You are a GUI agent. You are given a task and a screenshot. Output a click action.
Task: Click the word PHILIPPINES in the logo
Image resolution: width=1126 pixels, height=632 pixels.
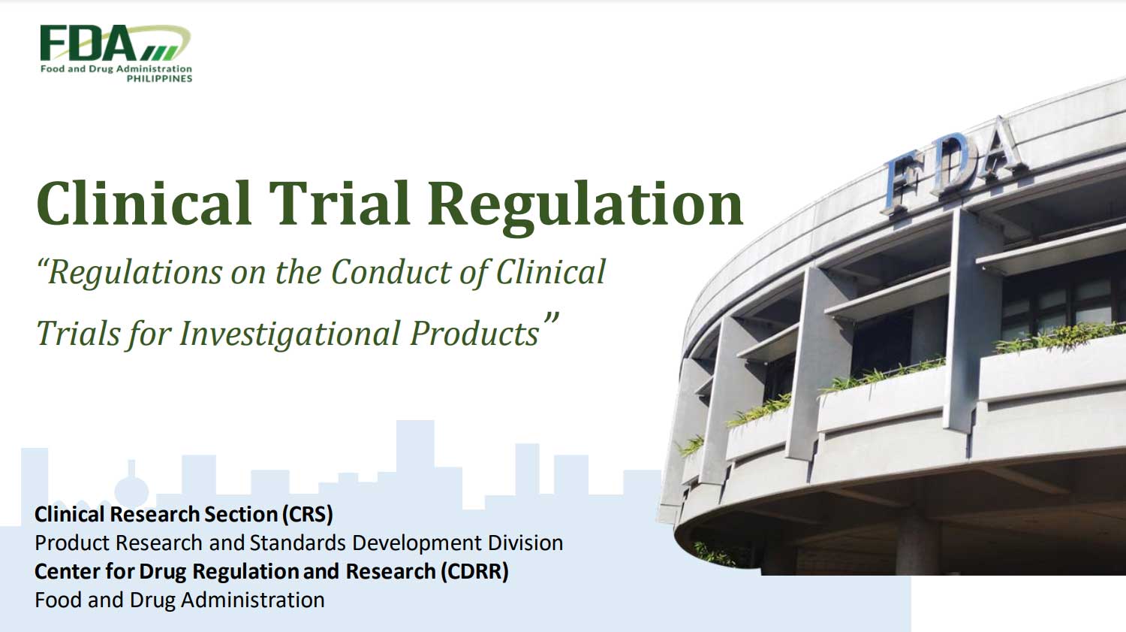tap(159, 78)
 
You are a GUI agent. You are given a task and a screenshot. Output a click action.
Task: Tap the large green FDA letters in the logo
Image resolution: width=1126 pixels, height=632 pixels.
tap(89, 44)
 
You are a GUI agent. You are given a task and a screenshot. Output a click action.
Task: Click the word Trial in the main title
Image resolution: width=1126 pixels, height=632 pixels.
tap(340, 204)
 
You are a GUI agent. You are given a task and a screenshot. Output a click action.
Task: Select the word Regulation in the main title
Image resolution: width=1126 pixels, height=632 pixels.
tap(586, 207)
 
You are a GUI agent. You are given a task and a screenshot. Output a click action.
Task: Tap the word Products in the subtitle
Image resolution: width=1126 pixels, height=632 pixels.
tap(474, 334)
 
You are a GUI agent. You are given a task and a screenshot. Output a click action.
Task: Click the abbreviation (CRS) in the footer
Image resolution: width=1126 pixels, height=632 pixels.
tap(308, 515)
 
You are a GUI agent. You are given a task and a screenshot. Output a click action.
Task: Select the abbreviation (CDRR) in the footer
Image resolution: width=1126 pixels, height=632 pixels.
tap(474, 572)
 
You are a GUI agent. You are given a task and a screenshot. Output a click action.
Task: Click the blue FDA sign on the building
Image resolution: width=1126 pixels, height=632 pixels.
tap(953, 164)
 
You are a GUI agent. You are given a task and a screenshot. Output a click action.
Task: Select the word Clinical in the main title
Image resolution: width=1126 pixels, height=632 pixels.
tap(144, 204)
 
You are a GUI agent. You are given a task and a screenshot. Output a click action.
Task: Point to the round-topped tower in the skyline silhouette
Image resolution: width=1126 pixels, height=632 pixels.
tap(131, 485)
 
